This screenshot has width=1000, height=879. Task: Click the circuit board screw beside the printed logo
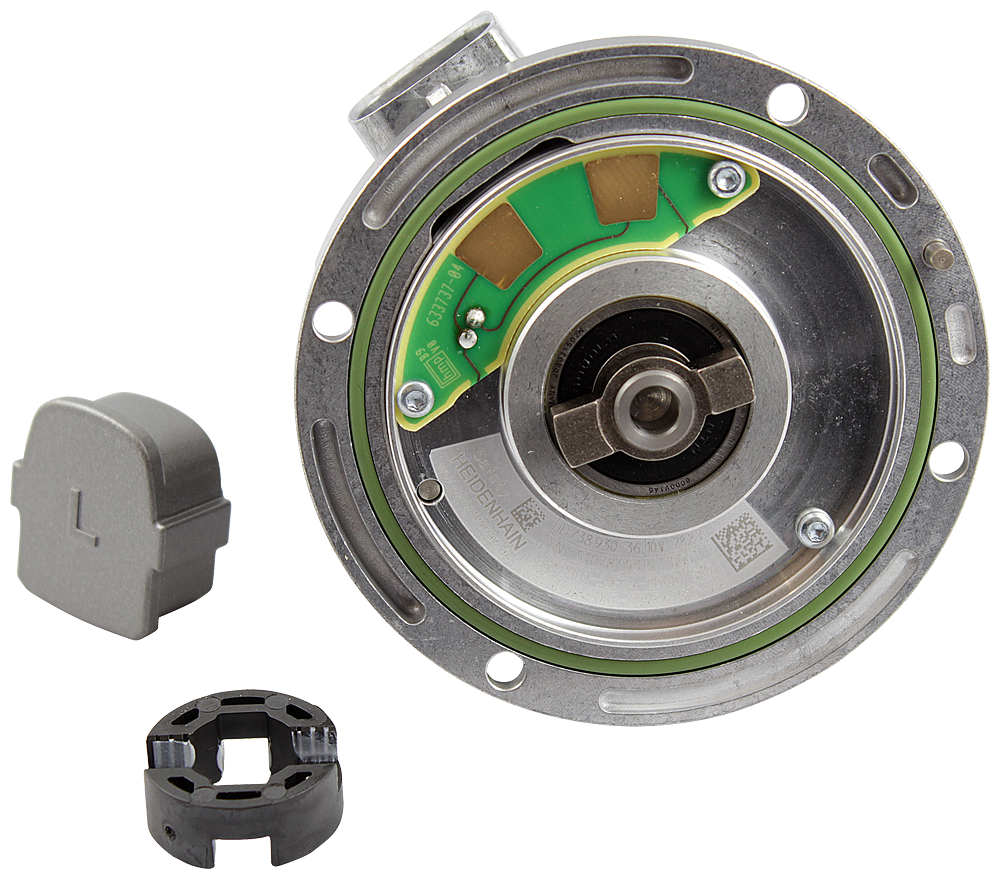pyautogui.click(x=409, y=400)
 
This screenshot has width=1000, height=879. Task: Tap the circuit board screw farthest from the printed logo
pyautogui.click(x=722, y=179)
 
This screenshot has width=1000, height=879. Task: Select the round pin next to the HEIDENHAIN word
pyautogui.click(x=430, y=490)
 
